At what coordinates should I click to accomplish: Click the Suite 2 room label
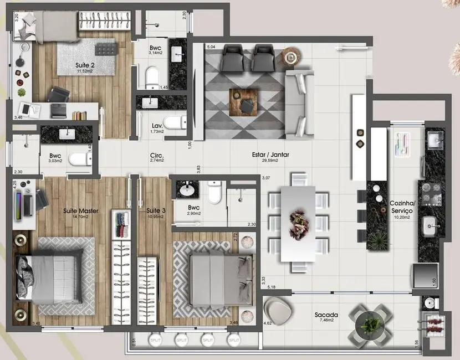85,65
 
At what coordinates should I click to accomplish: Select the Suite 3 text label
156,210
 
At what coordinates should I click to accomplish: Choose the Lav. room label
157,126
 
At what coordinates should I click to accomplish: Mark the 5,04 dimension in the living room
211,47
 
